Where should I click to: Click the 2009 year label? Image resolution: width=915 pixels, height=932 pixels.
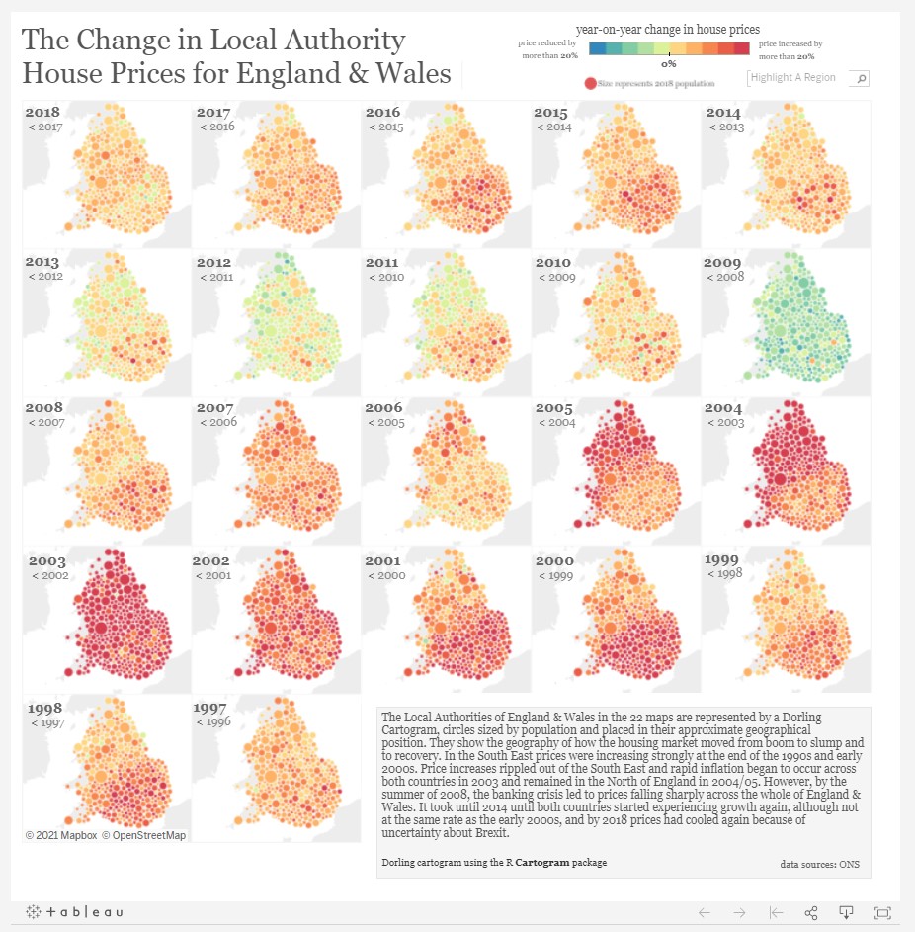(721, 263)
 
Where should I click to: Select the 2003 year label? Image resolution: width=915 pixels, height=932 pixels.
(46, 561)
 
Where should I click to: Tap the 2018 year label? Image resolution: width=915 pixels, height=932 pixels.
(42, 113)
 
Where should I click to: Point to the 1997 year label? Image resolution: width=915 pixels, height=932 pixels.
(212, 709)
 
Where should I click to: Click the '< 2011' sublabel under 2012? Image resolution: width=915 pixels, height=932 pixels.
(216, 278)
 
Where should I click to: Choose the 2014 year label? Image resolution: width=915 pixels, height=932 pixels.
(723, 113)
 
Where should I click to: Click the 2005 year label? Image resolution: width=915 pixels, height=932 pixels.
(553, 407)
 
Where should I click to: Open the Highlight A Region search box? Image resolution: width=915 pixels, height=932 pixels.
(798, 78)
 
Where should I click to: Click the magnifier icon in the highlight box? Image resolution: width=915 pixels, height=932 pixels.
(861, 78)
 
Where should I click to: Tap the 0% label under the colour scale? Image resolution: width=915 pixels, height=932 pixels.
(669, 63)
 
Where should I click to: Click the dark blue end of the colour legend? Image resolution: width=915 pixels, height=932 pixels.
(596, 48)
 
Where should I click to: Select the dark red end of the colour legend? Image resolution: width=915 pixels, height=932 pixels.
(741, 48)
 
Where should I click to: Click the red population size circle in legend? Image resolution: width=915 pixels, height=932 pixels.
(591, 84)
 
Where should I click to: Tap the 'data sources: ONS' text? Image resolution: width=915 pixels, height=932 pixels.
(819, 864)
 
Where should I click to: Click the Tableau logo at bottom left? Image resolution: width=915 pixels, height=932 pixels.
(75, 911)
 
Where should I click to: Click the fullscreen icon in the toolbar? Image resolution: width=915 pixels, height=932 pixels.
(882, 911)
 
